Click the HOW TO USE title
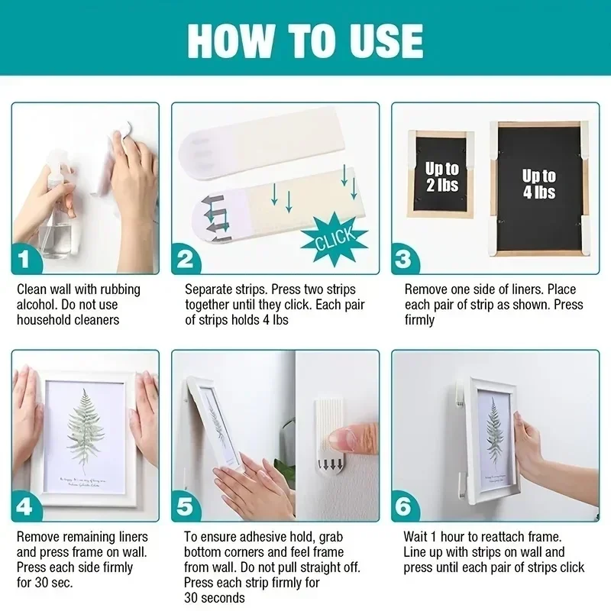coord(305,40)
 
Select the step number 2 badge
coord(186,260)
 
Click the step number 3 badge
coord(406,260)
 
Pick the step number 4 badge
coord(27,507)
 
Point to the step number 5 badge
coord(186,507)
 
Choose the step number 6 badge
coord(406,507)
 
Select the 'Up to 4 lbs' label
coord(539,183)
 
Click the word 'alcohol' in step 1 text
coord(36,305)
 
